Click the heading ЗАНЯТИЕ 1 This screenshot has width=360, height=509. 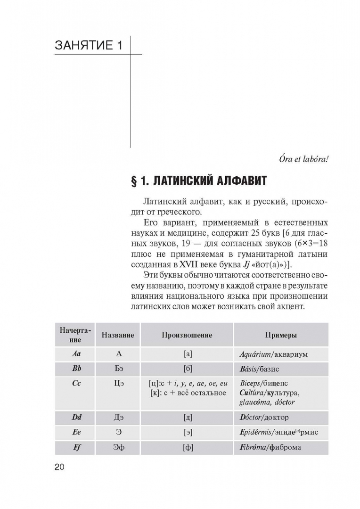[89, 45]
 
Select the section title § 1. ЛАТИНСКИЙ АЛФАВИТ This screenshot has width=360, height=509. [198, 181]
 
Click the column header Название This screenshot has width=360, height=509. [118, 335]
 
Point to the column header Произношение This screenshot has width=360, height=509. [187, 335]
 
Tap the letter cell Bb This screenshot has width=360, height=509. [75, 369]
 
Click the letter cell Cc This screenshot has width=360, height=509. [75, 384]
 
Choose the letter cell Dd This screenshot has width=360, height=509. [75, 417]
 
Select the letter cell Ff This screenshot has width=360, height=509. [75, 447]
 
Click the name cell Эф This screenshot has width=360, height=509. [118, 447]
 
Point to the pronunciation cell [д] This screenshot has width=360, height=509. [188, 417]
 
